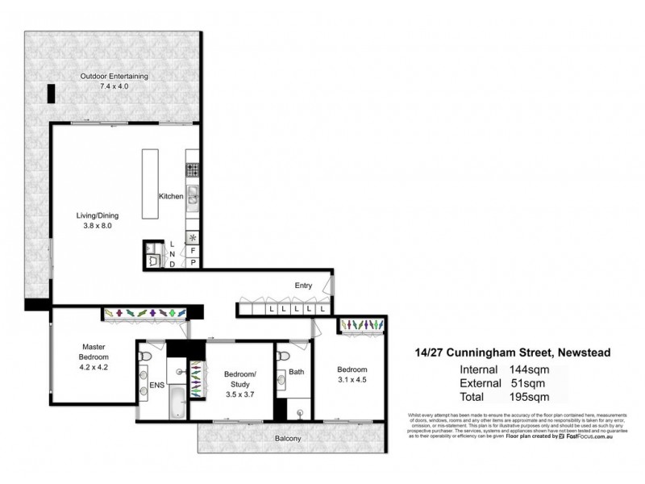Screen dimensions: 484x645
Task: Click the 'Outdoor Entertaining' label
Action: [114, 76]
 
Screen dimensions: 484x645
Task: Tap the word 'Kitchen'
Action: [171, 196]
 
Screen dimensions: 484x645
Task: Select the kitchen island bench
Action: [151, 183]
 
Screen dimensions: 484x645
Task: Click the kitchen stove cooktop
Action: [193, 169]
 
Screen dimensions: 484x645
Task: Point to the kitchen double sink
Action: [193, 197]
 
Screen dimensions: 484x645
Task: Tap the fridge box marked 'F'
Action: [193, 251]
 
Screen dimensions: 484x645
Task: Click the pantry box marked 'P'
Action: [193, 263]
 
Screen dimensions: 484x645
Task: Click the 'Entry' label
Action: [303, 285]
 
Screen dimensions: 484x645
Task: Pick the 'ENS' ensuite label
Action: [156, 386]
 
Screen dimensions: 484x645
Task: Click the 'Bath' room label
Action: [296, 372]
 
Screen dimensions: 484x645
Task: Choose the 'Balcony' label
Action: [287, 439]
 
